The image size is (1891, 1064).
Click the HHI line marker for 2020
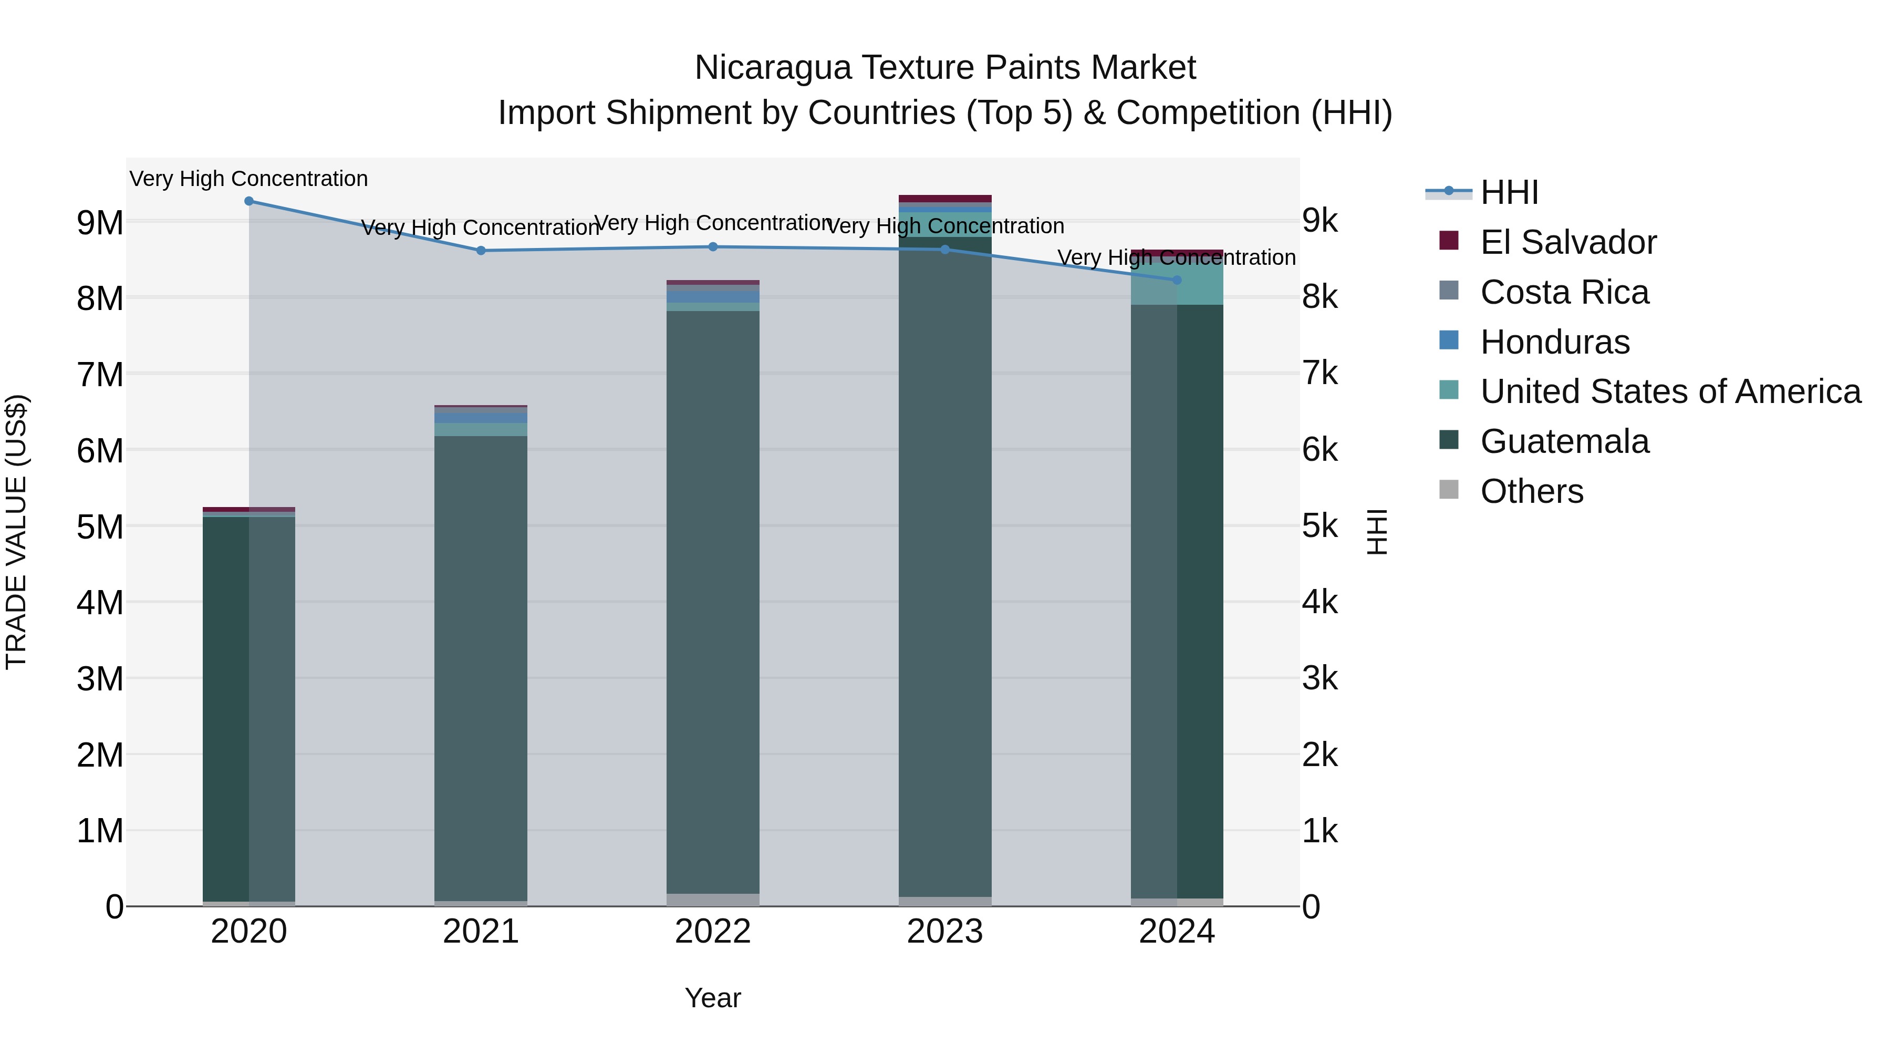coord(249,201)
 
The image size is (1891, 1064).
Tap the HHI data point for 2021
coord(481,251)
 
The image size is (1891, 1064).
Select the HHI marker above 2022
coord(713,247)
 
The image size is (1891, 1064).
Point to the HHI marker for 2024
coord(1177,280)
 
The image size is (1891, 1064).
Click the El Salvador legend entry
coord(1568,242)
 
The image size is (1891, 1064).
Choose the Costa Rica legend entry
coord(1564,292)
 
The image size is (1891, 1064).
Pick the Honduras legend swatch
coord(1449,340)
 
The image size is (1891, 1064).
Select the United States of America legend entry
coord(1670,391)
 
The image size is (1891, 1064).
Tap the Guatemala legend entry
coord(1564,441)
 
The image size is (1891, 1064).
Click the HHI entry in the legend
coord(1509,192)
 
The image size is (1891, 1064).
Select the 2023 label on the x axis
coord(945,932)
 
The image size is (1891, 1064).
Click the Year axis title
coord(713,998)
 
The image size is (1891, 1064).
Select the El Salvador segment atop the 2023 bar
coord(945,198)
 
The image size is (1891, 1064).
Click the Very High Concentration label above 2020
coord(249,179)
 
